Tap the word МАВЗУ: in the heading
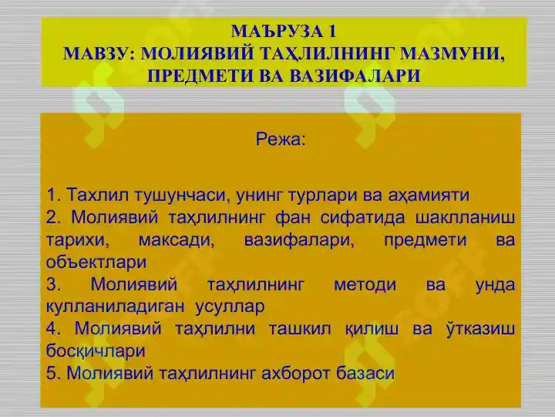point(99,53)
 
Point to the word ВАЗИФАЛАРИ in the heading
point(355,76)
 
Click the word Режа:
point(281,139)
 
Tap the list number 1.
point(53,195)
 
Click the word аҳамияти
point(429,195)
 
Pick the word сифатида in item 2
point(362,218)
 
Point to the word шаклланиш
point(465,218)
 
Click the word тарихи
point(78,240)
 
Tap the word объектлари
point(96,263)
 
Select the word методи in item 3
point(365,285)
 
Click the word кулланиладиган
point(116,307)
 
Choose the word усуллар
point(230,307)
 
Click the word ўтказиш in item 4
point(480,328)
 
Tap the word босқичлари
point(96,351)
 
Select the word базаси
point(365,374)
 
